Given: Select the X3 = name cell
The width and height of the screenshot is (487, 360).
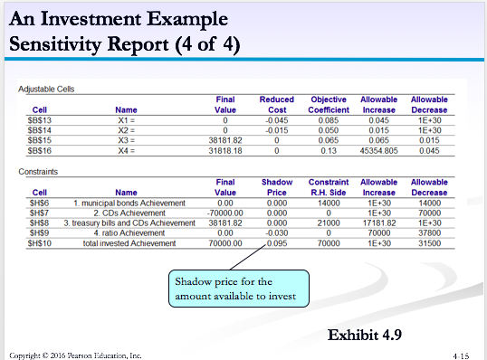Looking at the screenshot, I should point(126,140).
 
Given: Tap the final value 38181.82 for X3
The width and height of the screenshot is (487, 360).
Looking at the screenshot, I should point(224,140).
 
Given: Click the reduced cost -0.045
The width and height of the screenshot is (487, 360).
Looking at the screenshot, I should point(275,118).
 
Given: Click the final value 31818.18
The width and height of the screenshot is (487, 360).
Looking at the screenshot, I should point(224,151).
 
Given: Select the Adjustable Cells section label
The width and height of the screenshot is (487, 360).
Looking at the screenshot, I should point(46,88).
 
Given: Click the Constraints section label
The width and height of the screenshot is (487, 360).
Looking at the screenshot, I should point(39,170).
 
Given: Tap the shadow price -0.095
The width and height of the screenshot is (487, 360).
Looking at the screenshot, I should point(275,243).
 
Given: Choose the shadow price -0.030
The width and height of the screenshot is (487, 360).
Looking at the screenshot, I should point(275,232).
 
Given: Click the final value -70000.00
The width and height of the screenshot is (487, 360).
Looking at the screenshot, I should point(221,212).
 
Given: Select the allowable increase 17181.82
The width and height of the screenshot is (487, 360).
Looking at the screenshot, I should point(378,222).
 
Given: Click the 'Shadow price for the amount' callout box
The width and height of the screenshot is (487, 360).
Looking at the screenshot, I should point(237,289).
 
